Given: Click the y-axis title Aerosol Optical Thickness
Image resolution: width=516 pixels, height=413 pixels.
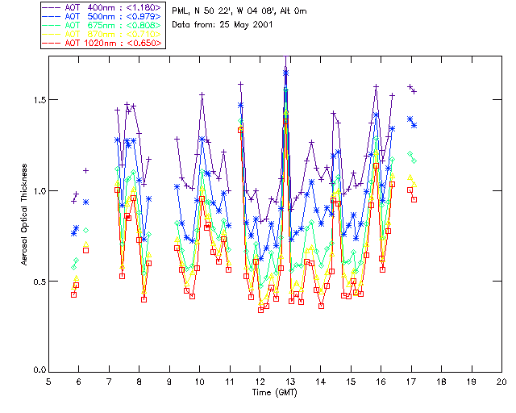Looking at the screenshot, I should (x=25, y=215).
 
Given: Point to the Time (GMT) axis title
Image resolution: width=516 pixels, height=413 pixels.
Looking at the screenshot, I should (x=274, y=391).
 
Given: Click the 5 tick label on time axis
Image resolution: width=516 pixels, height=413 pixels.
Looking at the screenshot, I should (x=48, y=381).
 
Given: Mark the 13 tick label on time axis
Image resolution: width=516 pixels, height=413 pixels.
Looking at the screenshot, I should (x=290, y=381).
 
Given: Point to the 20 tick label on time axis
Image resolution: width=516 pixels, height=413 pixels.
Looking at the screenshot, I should (x=501, y=381).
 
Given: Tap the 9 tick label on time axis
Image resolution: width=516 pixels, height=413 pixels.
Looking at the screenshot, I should (x=169, y=381).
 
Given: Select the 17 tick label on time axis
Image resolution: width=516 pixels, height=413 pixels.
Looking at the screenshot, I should (x=411, y=381).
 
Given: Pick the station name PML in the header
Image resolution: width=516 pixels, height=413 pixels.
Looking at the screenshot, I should (x=181, y=10).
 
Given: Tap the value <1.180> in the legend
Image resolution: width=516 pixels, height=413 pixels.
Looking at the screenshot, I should (x=146, y=8).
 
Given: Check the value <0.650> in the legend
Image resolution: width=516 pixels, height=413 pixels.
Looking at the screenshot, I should (x=146, y=42).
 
